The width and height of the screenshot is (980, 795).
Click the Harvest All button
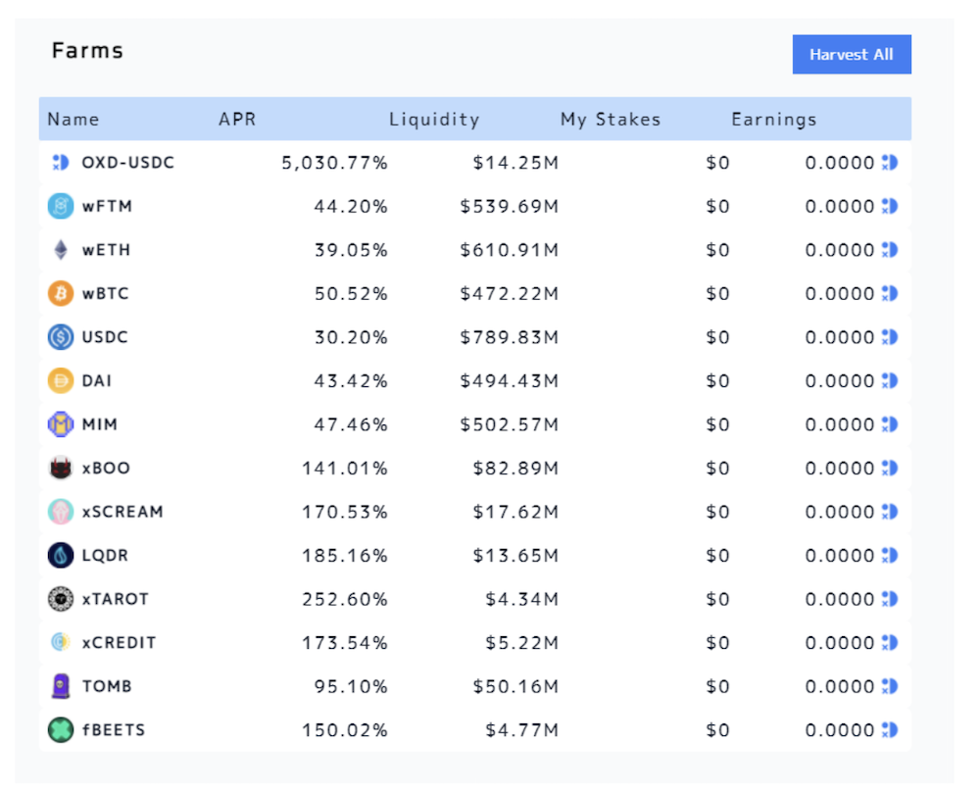coord(852,54)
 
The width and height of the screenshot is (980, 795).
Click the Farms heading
coord(87,51)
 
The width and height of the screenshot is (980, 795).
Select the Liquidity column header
coord(434,120)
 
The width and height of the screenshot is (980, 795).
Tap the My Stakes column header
coord(610,120)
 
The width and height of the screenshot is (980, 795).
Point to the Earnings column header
coord(774,120)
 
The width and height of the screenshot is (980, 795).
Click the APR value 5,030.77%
coord(334,163)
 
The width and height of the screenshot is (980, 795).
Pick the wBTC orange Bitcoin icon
coord(61,293)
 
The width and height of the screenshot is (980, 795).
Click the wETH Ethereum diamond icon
coord(61,250)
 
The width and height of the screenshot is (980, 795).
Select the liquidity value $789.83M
coord(509,337)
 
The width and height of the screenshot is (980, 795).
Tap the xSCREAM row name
coord(122,512)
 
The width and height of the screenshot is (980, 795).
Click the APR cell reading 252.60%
coord(345,599)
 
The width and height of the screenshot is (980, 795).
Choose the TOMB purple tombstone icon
coord(61,686)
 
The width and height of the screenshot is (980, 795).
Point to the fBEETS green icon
coord(61,729)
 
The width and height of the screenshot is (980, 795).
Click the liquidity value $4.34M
coord(522,599)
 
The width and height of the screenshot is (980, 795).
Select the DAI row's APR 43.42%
coord(351,381)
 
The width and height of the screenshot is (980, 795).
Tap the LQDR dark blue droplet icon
coord(61,555)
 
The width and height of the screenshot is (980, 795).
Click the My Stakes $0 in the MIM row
coord(717,425)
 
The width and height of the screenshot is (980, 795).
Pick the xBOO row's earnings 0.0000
coord(840,469)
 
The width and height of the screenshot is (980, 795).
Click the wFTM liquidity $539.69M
coord(509,207)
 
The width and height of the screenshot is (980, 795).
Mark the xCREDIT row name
coord(119,642)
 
